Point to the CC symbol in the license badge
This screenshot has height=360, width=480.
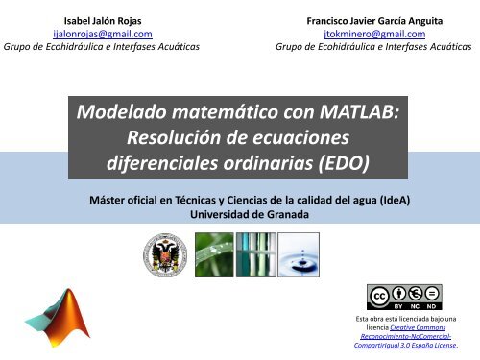point(381,294)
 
